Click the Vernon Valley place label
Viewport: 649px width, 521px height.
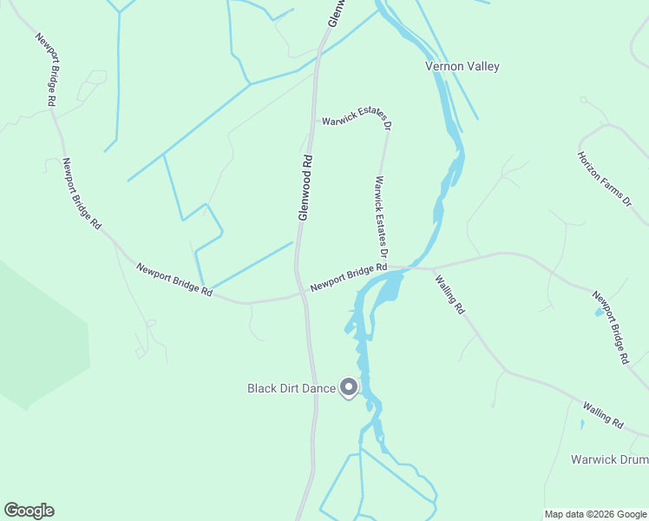click(462, 66)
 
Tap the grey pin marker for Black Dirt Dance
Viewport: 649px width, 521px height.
click(349, 387)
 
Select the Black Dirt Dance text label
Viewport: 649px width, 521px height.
click(292, 388)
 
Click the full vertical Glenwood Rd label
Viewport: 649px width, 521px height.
click(305, 188)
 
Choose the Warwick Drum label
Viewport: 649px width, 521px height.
click(609, 459)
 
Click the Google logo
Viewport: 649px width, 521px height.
click(29, 511)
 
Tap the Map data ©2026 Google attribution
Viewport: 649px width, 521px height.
click(595, 514)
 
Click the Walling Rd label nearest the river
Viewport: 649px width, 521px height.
click(450, 294)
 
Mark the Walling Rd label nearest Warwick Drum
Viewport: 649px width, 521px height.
click(604, 414)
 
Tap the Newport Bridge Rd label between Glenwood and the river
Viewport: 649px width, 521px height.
click(349, 277)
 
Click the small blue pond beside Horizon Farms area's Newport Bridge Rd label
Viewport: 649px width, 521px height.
click(599, 313)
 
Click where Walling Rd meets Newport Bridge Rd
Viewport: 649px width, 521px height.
click(428, 268)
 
